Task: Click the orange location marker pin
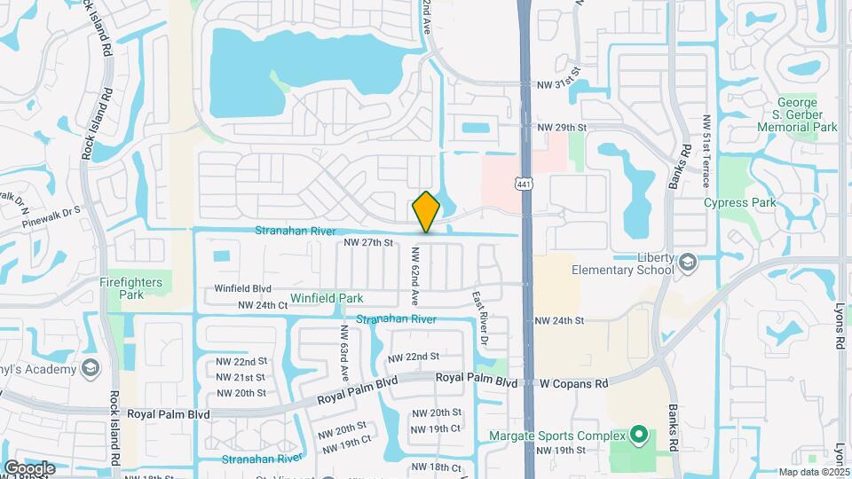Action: (426, 212)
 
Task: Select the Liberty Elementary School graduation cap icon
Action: (688, 263)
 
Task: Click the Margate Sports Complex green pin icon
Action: (637, 435)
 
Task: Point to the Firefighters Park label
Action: (131, 288)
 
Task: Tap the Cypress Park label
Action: (739, 202)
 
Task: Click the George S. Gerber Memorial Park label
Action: (797, 114)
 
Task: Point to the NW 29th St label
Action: (563, 128)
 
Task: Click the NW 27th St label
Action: (367, 242)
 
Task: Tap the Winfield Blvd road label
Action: (242, 288)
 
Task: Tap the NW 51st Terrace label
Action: (706, 151)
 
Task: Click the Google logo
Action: (29, 467)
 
